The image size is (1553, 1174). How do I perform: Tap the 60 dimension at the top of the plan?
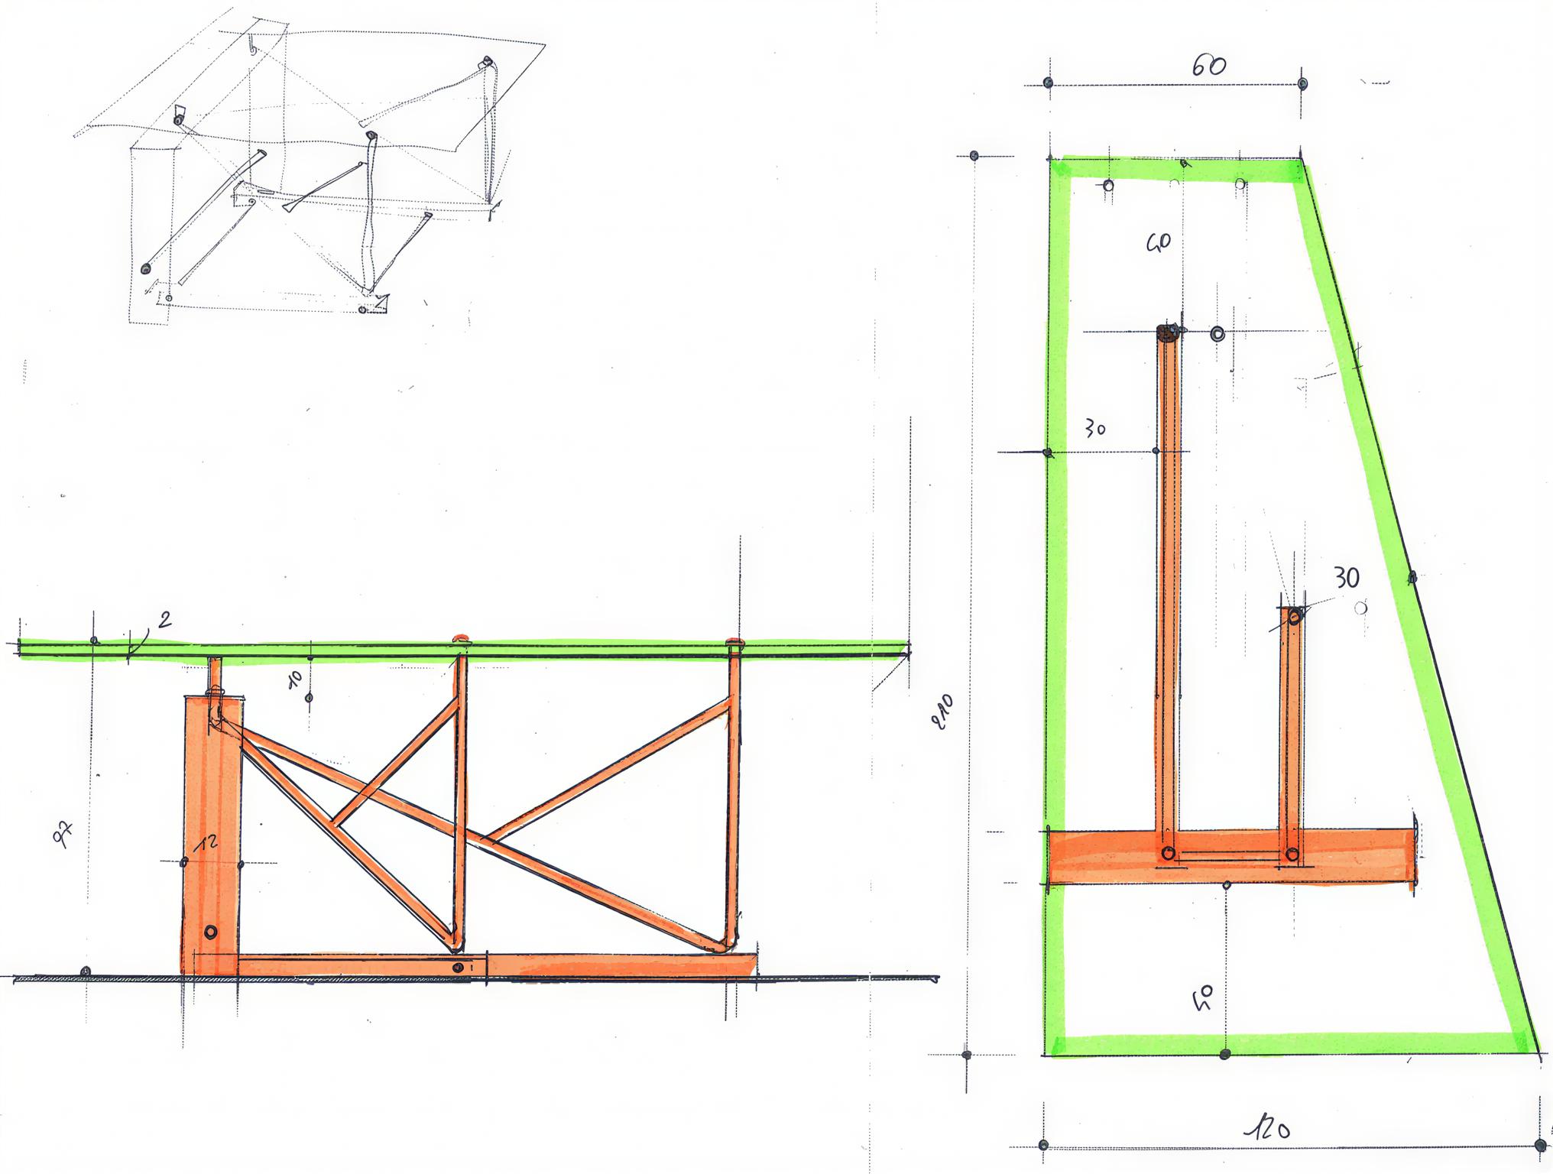point(1208,66)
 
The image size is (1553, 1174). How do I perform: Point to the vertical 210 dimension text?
point(943,712)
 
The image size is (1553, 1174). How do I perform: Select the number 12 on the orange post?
point(206,842)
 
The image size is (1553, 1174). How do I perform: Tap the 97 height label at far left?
point(63,834)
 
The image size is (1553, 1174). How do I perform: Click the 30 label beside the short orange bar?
point(1347,578)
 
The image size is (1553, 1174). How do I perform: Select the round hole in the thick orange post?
point(211,932)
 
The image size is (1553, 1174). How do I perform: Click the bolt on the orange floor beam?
point(458,968)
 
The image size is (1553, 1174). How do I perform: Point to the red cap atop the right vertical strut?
point(734,642)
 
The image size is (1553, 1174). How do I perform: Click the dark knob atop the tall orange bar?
point(1168,332)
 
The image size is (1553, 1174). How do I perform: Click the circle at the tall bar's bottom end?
point(1168,853)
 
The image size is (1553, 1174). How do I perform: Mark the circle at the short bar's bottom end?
point(1292,854)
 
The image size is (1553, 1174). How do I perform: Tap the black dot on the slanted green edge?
point(1412,577)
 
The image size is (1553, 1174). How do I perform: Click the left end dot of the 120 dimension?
point(1044,1145)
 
